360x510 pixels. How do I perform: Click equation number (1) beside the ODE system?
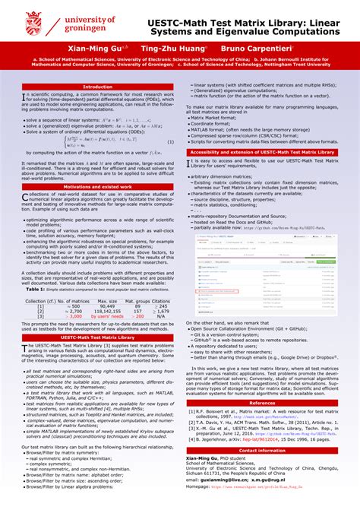(172, 142)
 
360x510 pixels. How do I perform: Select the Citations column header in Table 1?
(160, 301)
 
